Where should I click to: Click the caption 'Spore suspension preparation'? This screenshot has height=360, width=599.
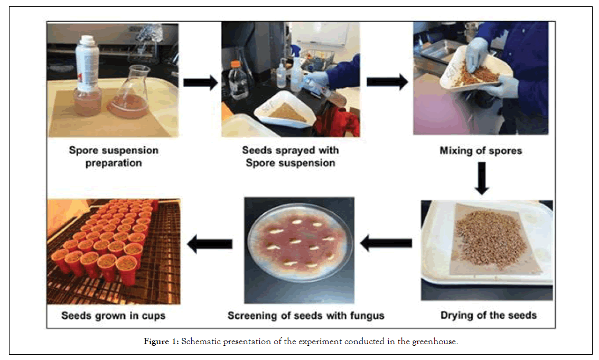[114, 157]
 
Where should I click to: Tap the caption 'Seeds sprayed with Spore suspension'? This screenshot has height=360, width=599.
[291, 157]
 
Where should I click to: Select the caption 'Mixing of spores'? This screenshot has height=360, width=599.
[481, 151]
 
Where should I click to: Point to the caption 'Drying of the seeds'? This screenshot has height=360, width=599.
[488, 316]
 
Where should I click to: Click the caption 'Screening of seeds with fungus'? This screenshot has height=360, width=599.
[306, 316]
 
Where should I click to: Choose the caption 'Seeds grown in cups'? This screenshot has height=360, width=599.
[114, 316]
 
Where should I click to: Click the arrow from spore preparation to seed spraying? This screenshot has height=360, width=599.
[200, 82]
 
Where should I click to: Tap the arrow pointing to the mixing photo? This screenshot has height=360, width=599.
[387, 82]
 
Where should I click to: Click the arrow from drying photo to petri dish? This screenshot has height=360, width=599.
[386, 243]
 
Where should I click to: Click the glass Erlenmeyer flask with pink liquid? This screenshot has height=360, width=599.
[128, 95]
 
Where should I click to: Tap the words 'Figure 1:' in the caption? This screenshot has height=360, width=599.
[161, 342]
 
